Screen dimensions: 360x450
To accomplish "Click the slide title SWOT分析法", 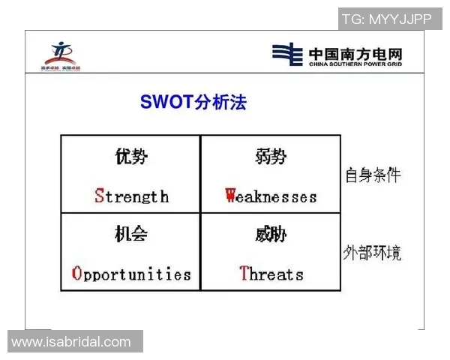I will point(193,102).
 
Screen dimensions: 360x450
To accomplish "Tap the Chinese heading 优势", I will point(131,157).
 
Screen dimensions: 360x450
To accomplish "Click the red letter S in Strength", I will point(99,196).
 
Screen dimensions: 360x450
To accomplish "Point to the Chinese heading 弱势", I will point(271,157).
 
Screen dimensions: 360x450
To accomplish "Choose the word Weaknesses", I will point(271,196).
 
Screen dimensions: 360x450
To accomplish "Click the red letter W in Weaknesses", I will point(231,196).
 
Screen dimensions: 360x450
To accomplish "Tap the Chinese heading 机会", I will point(131,235).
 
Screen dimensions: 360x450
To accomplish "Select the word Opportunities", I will point(131,274).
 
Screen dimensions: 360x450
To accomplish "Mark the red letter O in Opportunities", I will point(76,274).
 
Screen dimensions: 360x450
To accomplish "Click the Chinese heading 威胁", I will point(271,235).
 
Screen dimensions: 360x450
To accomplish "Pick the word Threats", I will point(271,274).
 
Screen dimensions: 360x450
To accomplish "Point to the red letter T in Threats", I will point(244,274).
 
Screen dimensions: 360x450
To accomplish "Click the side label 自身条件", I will point(373,175).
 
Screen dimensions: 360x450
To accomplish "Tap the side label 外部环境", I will point(373,253).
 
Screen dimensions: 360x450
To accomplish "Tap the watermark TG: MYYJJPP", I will point(386,19).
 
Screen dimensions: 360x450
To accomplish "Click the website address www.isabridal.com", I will point(71,342).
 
